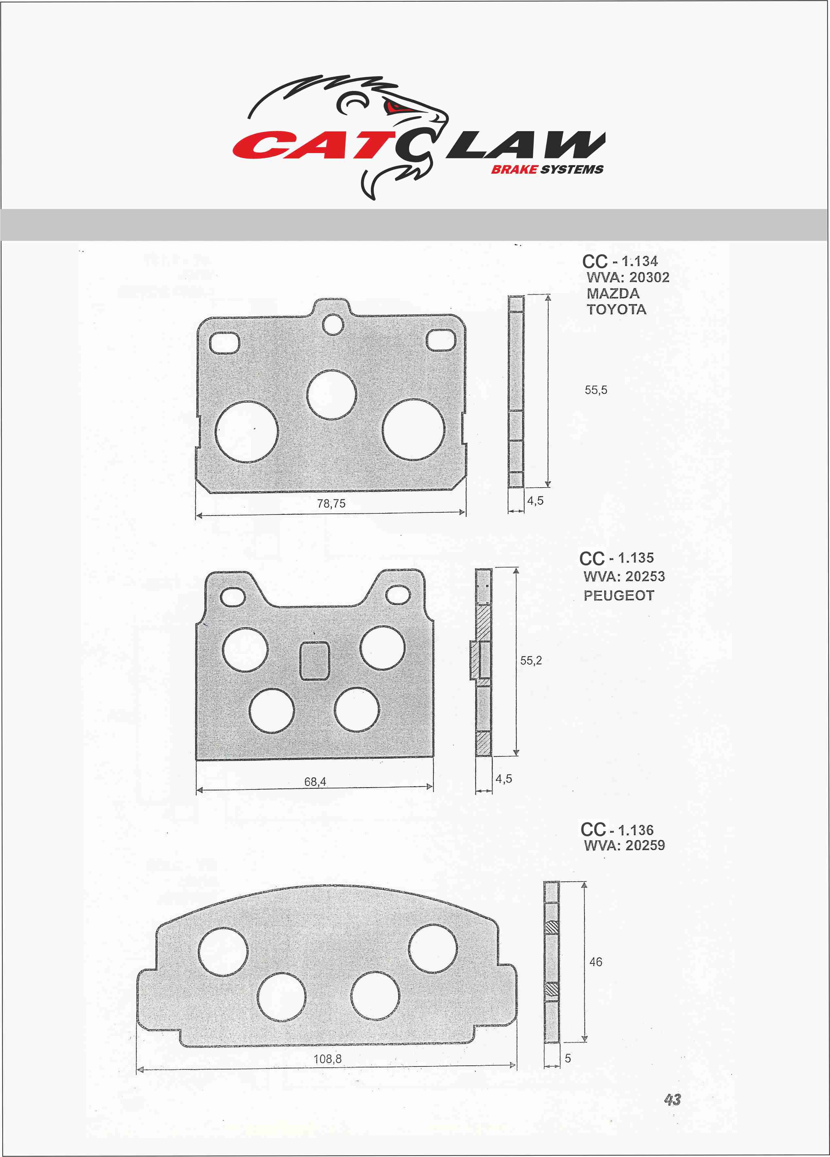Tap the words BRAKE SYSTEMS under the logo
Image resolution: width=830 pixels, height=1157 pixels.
point(547,169)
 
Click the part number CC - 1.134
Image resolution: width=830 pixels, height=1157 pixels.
point(620,261)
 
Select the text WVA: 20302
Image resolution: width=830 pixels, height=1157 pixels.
point(628,278)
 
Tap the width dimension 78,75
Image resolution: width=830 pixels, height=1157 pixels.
point(331,504)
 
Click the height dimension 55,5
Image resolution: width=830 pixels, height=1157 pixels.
point(596,390)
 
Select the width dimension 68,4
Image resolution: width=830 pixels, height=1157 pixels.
point(315,782)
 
